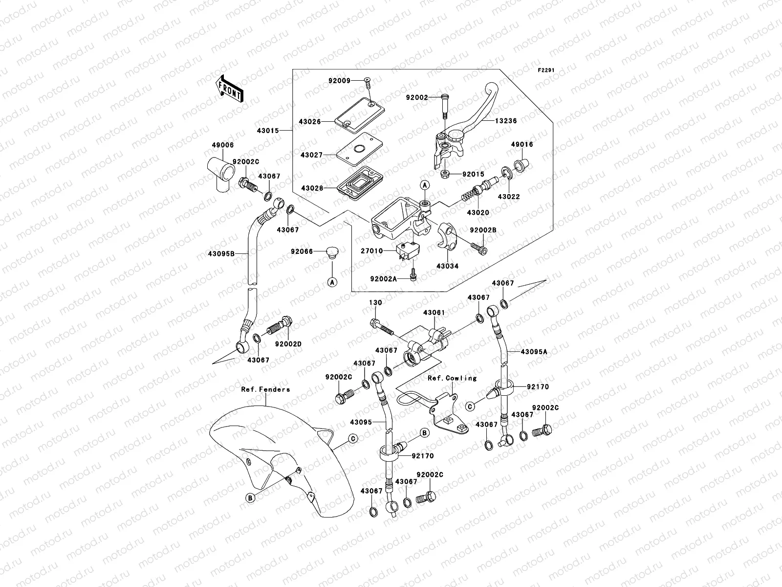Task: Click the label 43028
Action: (311, 188)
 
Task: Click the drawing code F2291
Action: (546, 70)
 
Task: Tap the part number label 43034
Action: (447, 267)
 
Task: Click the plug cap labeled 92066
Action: (332, 253)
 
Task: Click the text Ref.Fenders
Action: (265, 389)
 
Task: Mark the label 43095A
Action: (534, 352)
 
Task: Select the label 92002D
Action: (288, 344)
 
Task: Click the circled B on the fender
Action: (249, 497)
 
